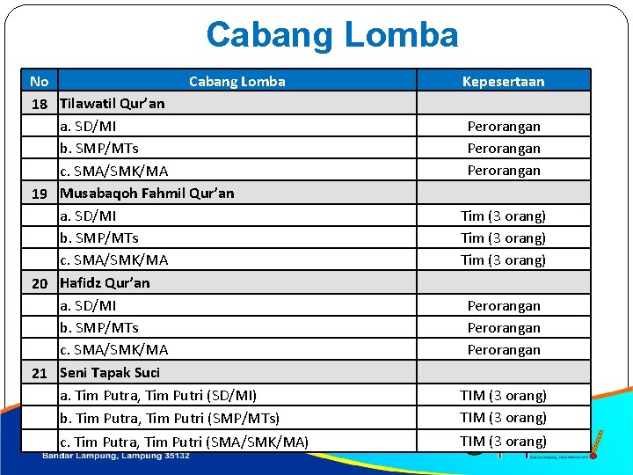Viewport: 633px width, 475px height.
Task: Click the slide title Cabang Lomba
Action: (331, 35)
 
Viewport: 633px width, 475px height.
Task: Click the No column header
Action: (39, 82)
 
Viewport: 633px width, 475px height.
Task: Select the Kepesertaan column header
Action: (503, 82)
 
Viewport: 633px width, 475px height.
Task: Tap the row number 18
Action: (40, 104)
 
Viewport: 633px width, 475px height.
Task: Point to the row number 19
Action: (40, 194)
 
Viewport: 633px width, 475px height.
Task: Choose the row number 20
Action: (40, 283)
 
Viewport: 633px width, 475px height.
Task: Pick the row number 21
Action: (40, 373)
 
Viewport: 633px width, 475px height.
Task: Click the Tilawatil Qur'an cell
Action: (112, 104)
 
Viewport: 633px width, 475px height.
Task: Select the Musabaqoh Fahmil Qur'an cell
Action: (147, 194)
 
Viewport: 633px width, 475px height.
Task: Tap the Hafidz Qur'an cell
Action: (105, 283)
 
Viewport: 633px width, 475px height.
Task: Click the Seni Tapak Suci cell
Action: (110, 373)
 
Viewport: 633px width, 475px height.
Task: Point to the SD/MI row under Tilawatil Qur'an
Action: (88, 127)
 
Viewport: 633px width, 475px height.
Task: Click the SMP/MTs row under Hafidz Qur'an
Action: (98, 328)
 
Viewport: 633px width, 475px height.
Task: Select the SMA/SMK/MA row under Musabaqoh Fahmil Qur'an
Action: (113, 260)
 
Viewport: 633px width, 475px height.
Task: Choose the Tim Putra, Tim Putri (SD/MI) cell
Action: (158, 396)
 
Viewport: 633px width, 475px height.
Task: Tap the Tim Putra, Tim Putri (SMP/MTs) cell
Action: (170, 419)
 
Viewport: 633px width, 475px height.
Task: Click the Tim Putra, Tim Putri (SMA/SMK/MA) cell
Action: (184, 442)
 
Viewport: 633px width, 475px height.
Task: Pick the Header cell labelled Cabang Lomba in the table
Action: (236, 82)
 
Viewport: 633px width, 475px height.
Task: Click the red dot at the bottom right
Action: (593, 456)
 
